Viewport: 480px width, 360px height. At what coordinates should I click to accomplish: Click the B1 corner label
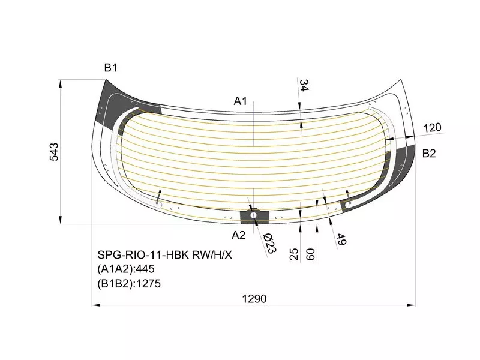(x=110, y=68)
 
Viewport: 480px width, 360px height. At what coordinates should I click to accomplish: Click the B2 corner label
(x=429, y=154)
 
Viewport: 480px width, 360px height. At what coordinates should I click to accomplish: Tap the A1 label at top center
(x=241, y=101)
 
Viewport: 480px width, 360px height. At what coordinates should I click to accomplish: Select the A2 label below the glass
(x=239, y=235)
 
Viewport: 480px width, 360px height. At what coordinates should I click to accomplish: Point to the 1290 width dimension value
(x=254, y=298)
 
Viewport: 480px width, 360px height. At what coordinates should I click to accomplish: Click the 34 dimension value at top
(x=304, y=85)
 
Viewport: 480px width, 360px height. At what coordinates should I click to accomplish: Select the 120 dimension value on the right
(x=432, y=127)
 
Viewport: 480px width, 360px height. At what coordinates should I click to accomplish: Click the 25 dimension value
(x=294, y=254)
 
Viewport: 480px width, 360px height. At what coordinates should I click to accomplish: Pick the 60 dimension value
(x=310, y=254)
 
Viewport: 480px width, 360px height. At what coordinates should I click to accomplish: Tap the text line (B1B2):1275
(x=129, y=283)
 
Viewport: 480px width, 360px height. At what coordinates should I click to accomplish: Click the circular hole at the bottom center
(x=254, y=214)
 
